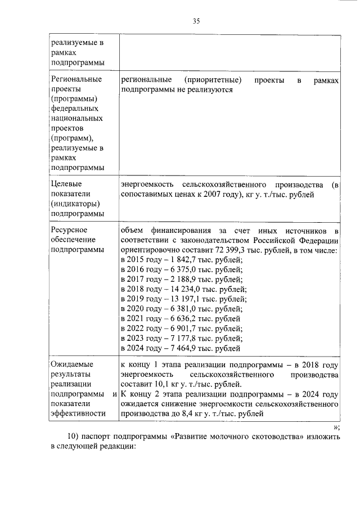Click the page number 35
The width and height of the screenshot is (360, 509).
pyautogui.click(x=196, y=21)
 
